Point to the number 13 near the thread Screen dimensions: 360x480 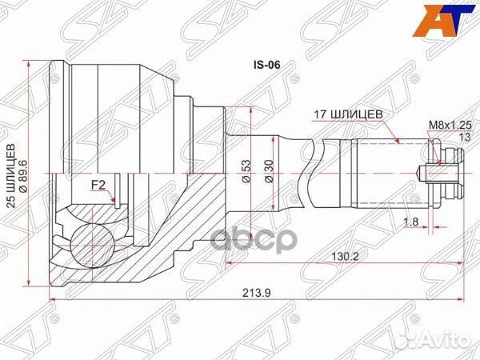tap(462, 137)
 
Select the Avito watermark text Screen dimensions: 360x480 tap(451, 343)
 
